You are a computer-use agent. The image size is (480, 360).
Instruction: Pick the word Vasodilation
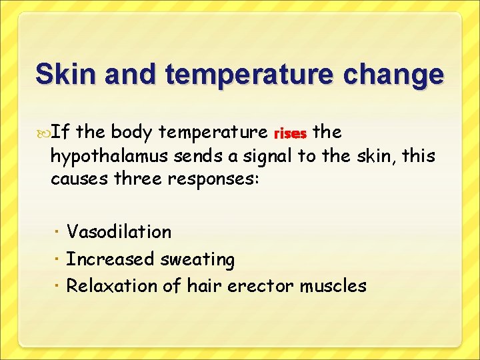click(119, 232)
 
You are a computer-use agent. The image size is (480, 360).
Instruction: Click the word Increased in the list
click(110, 259)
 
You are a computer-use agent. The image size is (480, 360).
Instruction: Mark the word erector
click(261, 286)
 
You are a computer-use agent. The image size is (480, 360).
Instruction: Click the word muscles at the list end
click(333, 286)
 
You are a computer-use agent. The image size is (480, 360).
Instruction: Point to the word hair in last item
click(204, 286)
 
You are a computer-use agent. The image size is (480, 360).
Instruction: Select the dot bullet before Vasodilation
click(59, 232)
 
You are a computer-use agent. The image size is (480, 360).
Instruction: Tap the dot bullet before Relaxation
click(59, 286)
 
